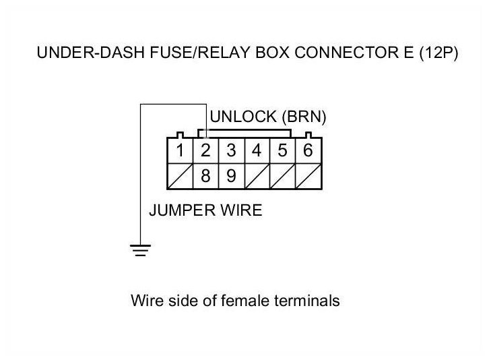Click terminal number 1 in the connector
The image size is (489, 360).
pos(180,150)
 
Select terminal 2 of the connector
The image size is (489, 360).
pos(205,150)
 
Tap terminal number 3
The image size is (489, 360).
pos(231,150)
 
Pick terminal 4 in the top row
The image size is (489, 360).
pos(257,150)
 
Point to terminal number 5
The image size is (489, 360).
pos(282,150)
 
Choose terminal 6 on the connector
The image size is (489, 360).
pos(308,150)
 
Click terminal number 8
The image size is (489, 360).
pos(205,176)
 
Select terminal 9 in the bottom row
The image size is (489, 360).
pos(231,176)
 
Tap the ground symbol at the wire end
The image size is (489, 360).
pos(140,250)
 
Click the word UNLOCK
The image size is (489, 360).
pos(243,117)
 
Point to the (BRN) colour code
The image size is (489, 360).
pos(304,117)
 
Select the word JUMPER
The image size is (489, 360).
pos(182,210)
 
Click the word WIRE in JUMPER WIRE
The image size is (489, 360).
pos(241,210)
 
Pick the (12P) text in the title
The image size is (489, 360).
pos(438,53)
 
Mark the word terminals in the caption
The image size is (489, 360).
pos(307,301)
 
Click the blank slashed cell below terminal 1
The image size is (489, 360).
pos(181,177)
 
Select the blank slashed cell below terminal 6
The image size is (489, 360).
pos(308,177)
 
